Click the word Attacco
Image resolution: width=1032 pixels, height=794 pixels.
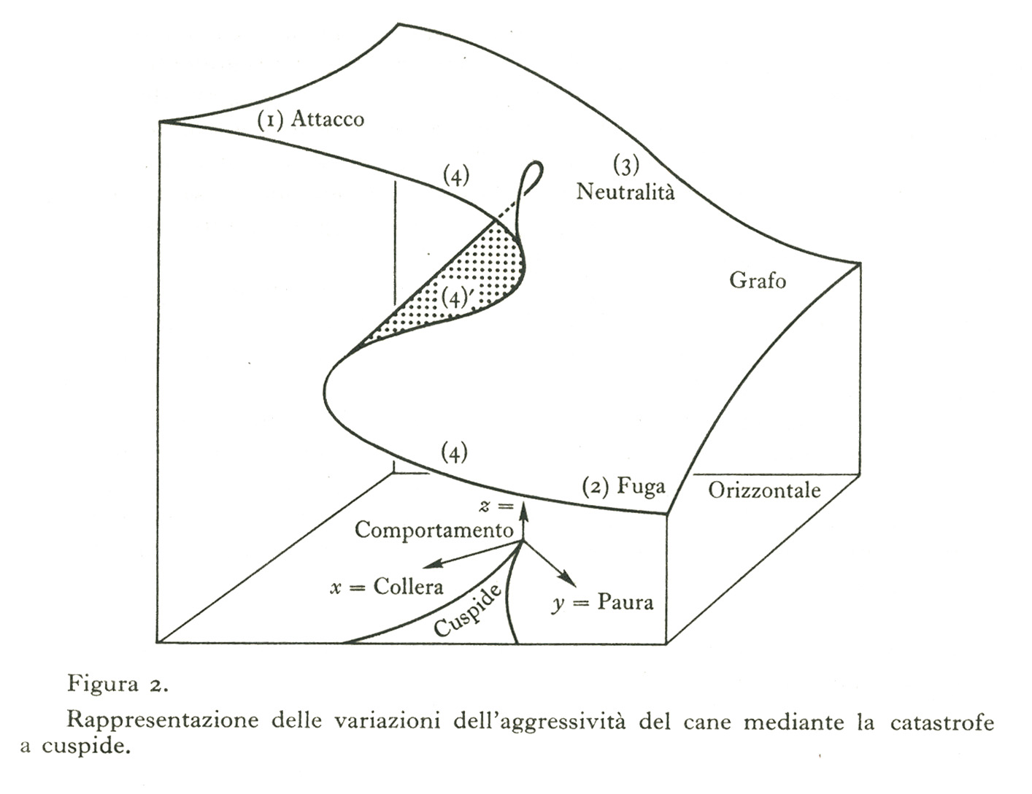pyautogui.click(x=327, y=118)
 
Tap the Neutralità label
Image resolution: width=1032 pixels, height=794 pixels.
pyautogui.click(x=625, y=191)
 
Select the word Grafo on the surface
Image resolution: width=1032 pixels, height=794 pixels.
pyautogui.click(x=758, y=280)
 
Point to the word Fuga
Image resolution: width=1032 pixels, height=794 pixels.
pyautogui.click(x=641, y=487)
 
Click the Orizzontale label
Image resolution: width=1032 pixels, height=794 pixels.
pyautogui.click(x=764, y=490)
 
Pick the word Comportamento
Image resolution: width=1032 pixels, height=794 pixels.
pyautogui.click(x=434, y=531)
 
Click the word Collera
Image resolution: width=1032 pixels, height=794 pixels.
pyautogui.click(x=408, y=587)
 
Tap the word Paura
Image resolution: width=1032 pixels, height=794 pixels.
pyautogui.click(x=625, y=602)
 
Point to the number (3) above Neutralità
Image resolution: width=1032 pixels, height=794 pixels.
pyautogui.click(x=626, y=166)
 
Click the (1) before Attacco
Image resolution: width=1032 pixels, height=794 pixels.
pyautogui.click(x=271, y=119)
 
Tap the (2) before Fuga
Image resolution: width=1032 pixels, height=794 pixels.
pyautogui.click(x=596, y=487)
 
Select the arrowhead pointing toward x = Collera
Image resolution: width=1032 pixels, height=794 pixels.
pyautogui.click(x=430, y=565)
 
